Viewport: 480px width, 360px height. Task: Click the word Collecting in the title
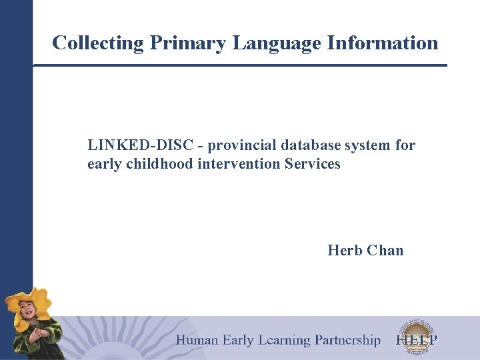98,43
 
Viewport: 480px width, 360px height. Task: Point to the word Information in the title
383,43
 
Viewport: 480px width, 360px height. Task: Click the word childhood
160,164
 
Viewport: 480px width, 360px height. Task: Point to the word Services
313,164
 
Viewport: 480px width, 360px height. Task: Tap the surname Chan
385,251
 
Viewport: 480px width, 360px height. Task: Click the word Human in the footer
197,341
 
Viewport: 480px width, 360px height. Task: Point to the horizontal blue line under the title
240,65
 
